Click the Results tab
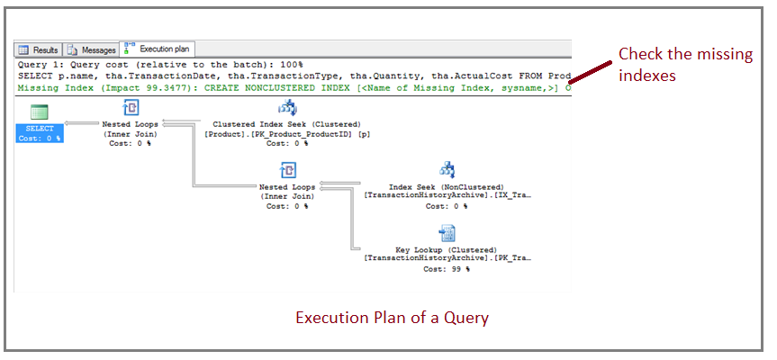[x=40, y=49]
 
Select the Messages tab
[x=92, y=49]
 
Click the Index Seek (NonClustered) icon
[x=447, y=170]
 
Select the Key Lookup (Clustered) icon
[x=447, y=233]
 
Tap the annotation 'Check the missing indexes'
[x=684, y=65]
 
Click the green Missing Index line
[x=293, y=87]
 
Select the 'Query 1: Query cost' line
[x=162, y=66]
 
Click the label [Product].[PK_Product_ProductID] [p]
[x=286, y=133]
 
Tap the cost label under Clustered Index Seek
[x=286, y=143]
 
